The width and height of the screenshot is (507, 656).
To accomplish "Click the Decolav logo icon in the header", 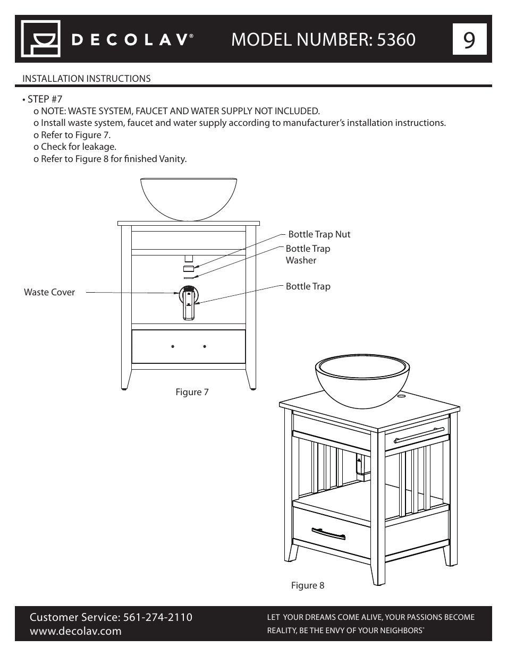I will point(40,39).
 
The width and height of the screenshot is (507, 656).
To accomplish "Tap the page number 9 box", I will point(469,39).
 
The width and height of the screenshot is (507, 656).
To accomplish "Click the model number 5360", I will point(395,39).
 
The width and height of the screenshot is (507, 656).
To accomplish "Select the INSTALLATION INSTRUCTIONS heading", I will point(86,79).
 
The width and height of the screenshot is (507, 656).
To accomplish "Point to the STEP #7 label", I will point(45,99).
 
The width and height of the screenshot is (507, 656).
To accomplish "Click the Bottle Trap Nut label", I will point(319,234).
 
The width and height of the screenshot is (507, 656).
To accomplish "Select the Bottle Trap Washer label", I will point(308,254).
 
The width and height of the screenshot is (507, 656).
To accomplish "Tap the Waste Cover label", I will point(49,292).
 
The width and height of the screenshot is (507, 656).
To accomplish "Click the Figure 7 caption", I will point(192,392).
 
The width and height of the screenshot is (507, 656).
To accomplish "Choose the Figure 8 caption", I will point(307,585).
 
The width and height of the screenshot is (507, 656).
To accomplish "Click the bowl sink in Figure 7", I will point(189,198).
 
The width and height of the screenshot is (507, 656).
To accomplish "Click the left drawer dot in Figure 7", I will point(173,346).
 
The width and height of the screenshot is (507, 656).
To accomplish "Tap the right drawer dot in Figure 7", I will point(205,346).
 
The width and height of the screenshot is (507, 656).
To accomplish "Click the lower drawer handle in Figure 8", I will point(330,533).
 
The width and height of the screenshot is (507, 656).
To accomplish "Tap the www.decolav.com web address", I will point(75,631).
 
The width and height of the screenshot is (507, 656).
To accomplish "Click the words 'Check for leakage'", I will point(78,147).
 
